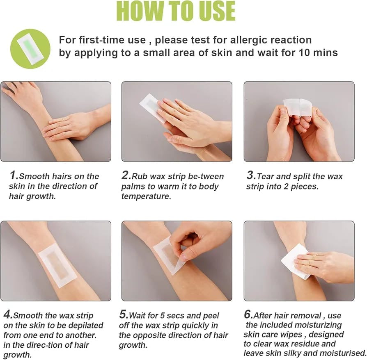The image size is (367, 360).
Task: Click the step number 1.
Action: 14,176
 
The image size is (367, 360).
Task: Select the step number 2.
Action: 126,176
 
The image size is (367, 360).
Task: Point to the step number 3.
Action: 251,176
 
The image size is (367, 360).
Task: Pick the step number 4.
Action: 8,315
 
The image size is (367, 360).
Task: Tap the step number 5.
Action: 124,315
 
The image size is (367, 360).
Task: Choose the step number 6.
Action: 248,315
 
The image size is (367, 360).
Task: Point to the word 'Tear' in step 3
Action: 265,176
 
